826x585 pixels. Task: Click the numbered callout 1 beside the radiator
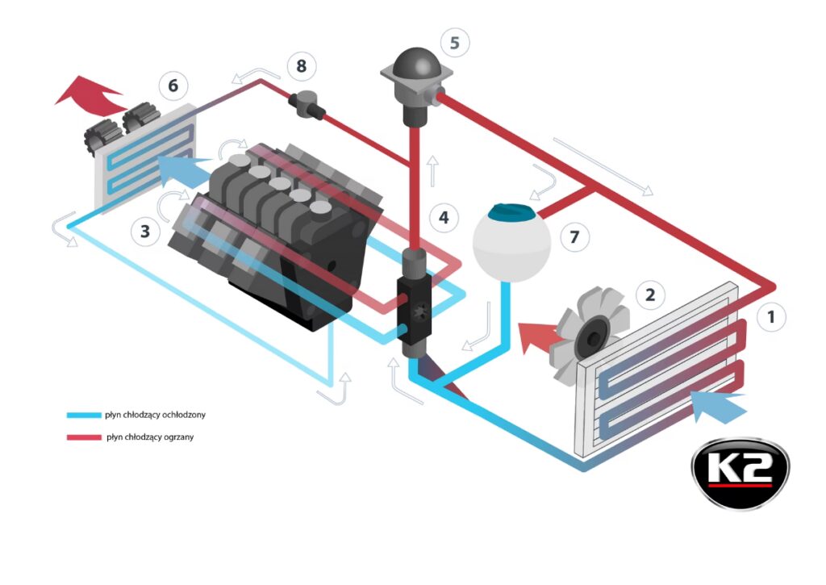[772, 316]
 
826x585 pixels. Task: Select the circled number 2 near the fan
[650, 295]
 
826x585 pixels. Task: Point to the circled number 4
[444, 216]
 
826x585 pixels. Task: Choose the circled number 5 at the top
[455, 42]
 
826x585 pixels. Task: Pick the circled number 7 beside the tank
[574, 237]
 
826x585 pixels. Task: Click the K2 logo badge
[740, 474]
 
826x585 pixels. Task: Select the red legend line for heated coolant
[81, 437]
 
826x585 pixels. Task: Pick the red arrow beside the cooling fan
[537, 335]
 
